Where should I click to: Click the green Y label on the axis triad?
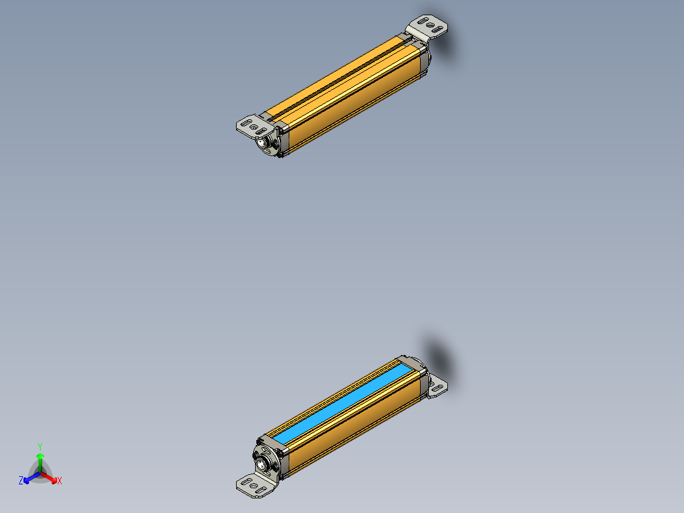pos(40,446)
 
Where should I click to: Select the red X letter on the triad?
pos(59,481)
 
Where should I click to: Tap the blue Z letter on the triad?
pos(21,481)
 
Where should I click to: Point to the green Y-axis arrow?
pos(40,460)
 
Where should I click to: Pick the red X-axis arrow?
pos(50,477)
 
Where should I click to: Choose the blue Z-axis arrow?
pos(30,477)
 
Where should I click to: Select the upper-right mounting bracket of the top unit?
pos(429,27)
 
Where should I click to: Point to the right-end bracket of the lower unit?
pos(437,386)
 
